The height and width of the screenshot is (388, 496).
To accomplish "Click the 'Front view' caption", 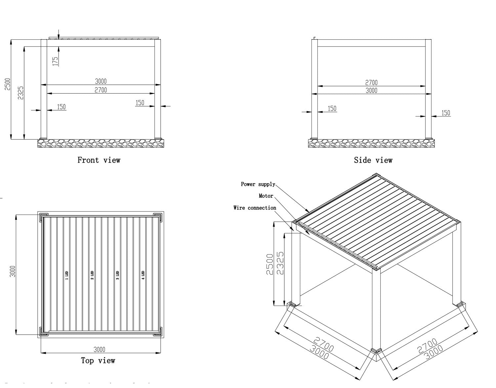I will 99,160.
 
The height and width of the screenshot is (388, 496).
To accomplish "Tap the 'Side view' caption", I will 373,160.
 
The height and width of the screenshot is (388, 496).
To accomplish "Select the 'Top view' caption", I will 98,361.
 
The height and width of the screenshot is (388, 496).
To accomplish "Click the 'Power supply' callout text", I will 258,184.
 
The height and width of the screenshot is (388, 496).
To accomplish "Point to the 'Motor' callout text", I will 266,196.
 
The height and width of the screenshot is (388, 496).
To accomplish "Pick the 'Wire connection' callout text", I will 255,208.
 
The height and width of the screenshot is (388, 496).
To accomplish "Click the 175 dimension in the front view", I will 55,61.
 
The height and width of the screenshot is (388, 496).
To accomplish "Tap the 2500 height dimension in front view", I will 8,84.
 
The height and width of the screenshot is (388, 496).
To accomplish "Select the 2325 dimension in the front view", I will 21,93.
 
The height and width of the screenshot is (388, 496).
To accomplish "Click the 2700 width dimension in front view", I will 101,90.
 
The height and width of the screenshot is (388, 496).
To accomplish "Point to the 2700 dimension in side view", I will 371,82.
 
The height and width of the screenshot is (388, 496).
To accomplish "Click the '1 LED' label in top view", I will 66,275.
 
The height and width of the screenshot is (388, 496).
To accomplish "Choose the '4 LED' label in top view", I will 143,275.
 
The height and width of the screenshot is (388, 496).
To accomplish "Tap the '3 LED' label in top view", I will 118,275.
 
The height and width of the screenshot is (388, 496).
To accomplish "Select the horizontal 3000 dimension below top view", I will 99,349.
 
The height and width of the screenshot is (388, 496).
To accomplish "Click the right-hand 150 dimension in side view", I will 446,113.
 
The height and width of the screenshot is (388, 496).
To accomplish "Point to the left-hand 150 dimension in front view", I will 62,107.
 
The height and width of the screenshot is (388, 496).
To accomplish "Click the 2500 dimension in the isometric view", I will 270,264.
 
